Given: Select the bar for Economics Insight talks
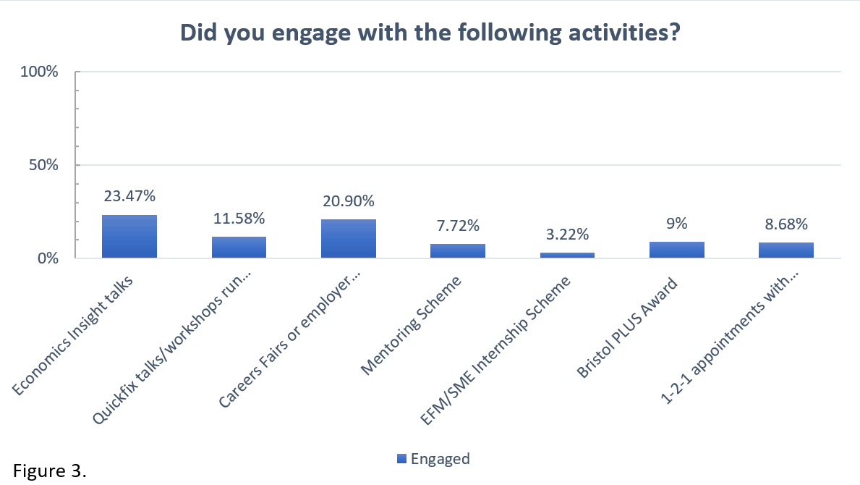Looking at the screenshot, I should click(129, 236).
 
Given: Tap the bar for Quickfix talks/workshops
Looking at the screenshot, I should click(239, 247).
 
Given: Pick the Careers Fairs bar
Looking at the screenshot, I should click(349, 238).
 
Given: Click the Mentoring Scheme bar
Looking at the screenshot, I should click(458, 250).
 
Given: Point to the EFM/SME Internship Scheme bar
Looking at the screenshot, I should click(567, 255).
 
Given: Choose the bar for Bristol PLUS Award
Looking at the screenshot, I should click(677, 250).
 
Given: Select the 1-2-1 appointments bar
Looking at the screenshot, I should click(786, 250).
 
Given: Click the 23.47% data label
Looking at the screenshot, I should click(129, 195).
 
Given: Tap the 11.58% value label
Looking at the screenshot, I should click(239, 217).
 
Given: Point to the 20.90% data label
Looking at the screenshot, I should click(349, 200).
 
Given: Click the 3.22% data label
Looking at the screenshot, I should click(567, 234).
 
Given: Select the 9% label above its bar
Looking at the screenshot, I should click(677, 224).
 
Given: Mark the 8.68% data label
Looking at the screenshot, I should click(786, 224).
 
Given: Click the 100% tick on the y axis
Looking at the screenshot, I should click(39, 72).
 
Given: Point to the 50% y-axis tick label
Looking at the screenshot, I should click(43, 164).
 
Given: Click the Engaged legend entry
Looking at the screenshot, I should click(434, 458).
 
